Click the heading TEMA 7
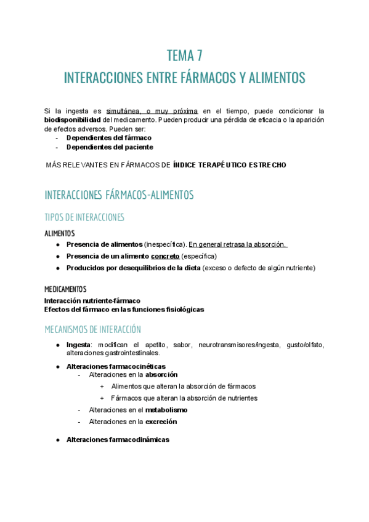click(x=184, y=56)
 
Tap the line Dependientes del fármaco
click(x=108, y=138)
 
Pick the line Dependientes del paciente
click(x=110, y=147)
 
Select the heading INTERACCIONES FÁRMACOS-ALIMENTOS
click(x=119, y=195)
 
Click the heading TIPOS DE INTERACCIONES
click(x=84, y=217)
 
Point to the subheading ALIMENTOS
click(x=60, y=234)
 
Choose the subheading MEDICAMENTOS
click(x=65, y=289)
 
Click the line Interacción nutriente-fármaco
click(x=92, y=300)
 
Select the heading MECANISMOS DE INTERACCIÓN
click(x=92, y=329)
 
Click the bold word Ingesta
click(x=78, y=345)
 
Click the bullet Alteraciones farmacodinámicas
click(x=118, y=440)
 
